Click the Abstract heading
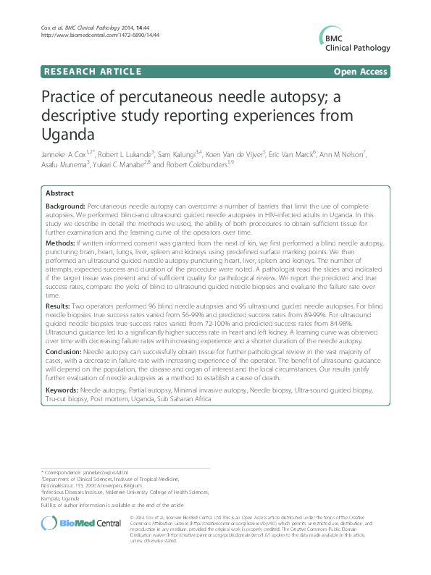pos(59,194)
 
